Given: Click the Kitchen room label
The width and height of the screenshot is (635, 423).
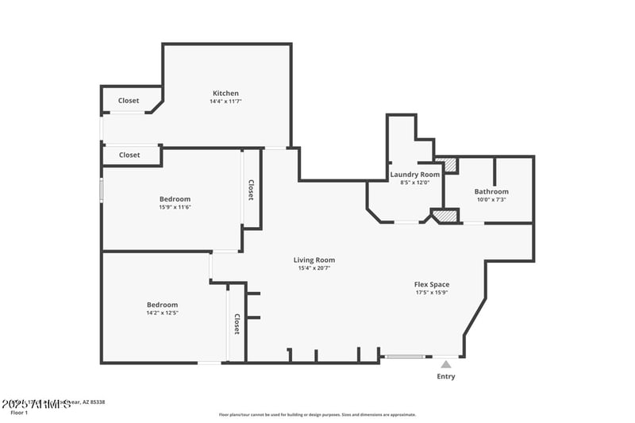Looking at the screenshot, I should pyautogui.click(x=225, y=93).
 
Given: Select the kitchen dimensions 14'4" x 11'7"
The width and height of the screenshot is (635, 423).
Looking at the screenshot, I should pyautogui.click(x=225, y=102).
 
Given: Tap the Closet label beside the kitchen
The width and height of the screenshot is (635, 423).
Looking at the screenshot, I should pyautogui.click(x=129, y=101).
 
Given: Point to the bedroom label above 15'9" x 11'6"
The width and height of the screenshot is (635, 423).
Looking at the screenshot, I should pyautogui.click(x=175, y=198).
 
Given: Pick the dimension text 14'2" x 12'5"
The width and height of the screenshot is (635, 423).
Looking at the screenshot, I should pyautogui.click(x=162, y=313).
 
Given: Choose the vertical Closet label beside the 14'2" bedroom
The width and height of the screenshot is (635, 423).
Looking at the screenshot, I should pyautogui.click(x=237, y=324).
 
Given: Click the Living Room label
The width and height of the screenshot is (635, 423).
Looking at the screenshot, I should pyautogui.click(x=314, y=260).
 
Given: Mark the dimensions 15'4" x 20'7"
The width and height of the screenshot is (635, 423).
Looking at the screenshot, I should pyautogui.click(x=314, y=268).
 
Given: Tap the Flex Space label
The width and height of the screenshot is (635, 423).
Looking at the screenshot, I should pyautogui.click(x=432, y=284).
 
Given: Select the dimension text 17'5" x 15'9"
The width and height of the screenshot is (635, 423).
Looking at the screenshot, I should pyautogui.click(x=432, y=292).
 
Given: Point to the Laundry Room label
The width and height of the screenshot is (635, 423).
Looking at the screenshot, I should pyautogui.click(x=414, y=174).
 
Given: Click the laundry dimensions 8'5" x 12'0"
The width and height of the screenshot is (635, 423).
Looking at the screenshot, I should pyautogui.click(x=414, y=183).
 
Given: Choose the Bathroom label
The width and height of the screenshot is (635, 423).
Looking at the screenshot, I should pyautogui.click(x=491, y=191).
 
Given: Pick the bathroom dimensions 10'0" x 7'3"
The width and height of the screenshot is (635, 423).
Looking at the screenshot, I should pyautogui.click(x=491, y=200).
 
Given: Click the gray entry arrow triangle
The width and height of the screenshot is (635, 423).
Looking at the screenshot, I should pyautogui.click(x=446, y=365).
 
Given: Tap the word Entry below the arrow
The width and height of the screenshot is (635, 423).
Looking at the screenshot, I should pyautogui.click(x=446, y=376).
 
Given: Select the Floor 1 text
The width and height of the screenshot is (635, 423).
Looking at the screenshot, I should pyautogui.click(x=19, y=413).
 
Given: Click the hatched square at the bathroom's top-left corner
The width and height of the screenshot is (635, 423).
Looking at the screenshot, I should pyautogui.click(x=450, y=165).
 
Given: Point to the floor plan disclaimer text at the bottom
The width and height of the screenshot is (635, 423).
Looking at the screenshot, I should pyautogui.click(x=317, y=414).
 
